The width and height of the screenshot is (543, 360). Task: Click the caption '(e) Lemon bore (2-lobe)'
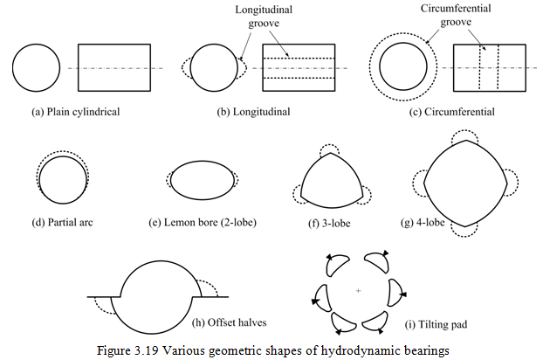[x=203, y=221]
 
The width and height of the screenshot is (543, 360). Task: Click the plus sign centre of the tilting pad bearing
[x=359, y=289]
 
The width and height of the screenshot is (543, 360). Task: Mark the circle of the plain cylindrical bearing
[x=37, y=67]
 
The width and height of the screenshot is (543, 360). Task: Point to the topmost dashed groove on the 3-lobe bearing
[x=334, y=151]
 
